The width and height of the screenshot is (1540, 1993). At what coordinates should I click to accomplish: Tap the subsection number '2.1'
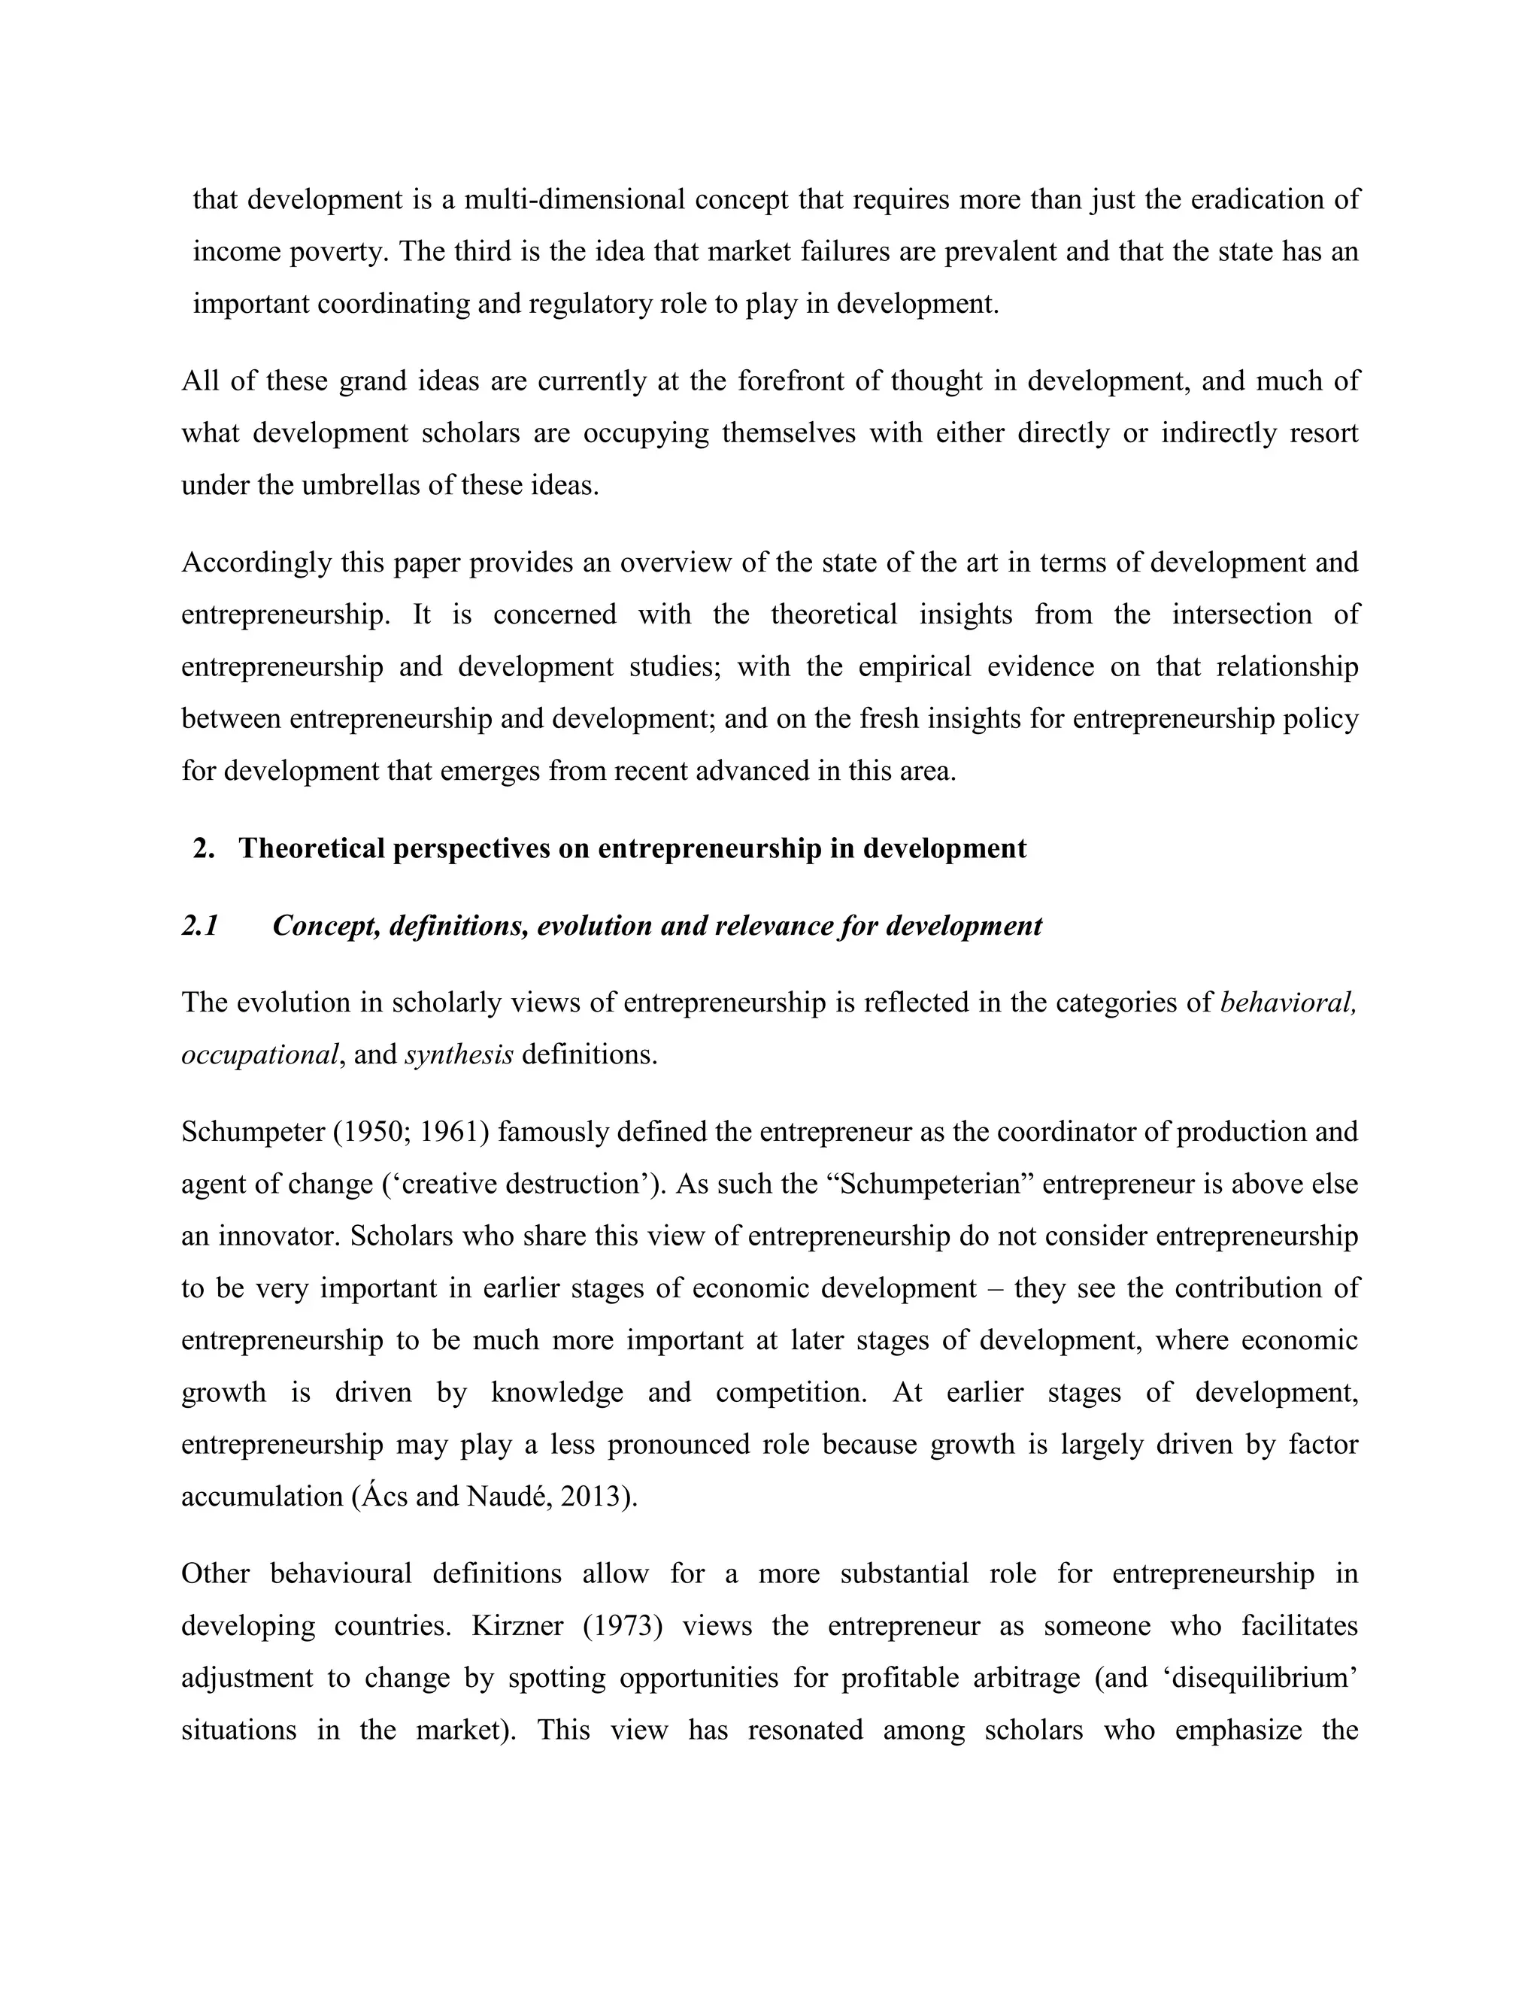200,927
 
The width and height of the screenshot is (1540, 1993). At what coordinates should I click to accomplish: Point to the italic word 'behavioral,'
1288,1003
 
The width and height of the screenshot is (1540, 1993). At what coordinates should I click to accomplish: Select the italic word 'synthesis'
459,1055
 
